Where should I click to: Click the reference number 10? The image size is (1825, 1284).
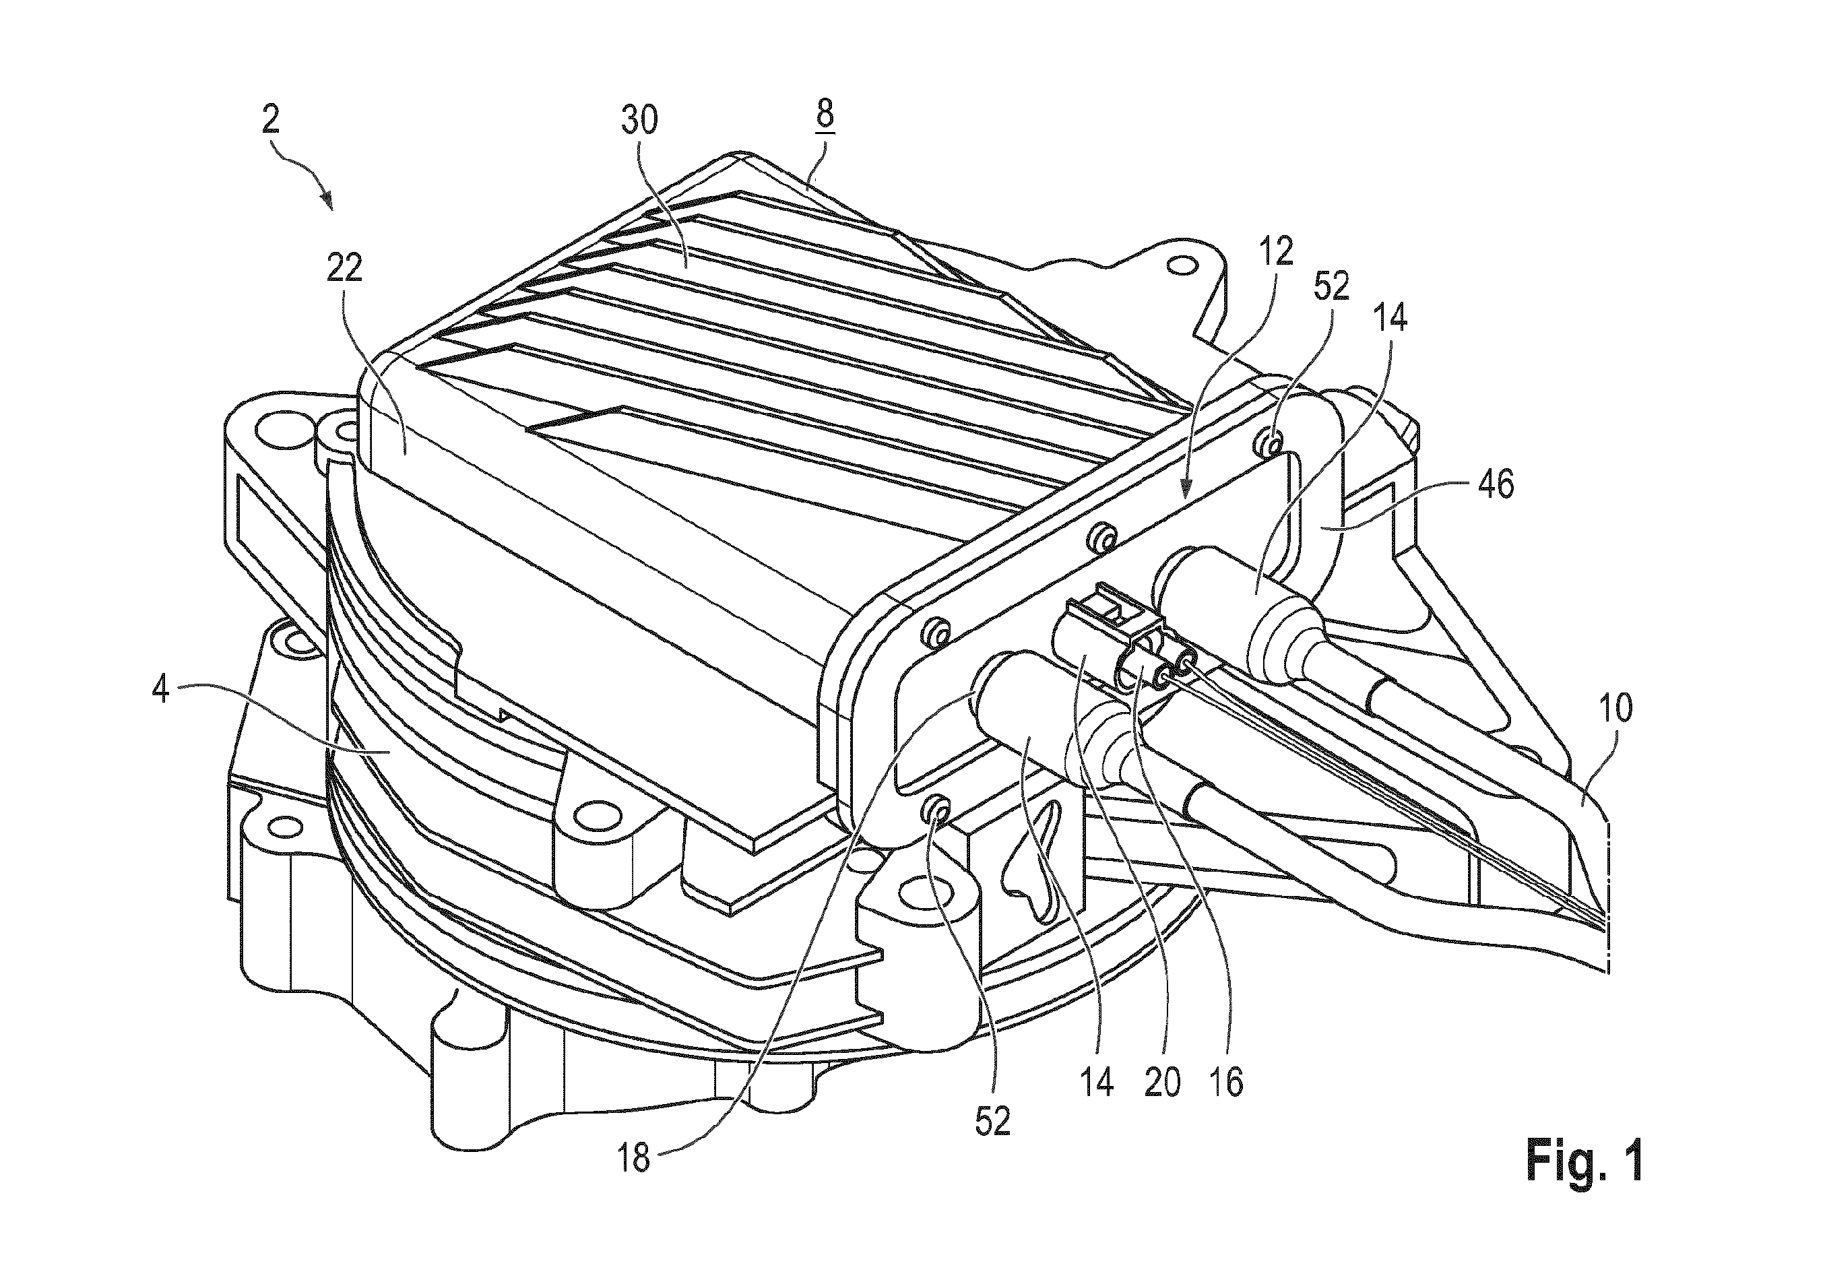pos(1614,707)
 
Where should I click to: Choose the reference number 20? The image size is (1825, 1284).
pos(1162,1083)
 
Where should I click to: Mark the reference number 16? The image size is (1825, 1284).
pos(1225,1083)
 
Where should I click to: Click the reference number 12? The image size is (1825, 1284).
pos(1275,252)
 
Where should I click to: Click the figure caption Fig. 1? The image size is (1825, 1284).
pos(1584,1161)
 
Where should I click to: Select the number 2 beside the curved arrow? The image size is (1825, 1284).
pos(270,119)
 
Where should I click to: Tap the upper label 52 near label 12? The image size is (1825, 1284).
pos(1331,286)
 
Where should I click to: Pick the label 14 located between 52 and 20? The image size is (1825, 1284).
pos(1097,1083)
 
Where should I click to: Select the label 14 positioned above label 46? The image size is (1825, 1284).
pos(1390,318)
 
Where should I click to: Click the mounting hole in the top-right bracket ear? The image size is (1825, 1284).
pos(1182,263)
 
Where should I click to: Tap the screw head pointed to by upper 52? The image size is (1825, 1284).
pos(1273,440)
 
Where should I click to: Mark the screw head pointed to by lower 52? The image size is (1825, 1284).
pos(936,812)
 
